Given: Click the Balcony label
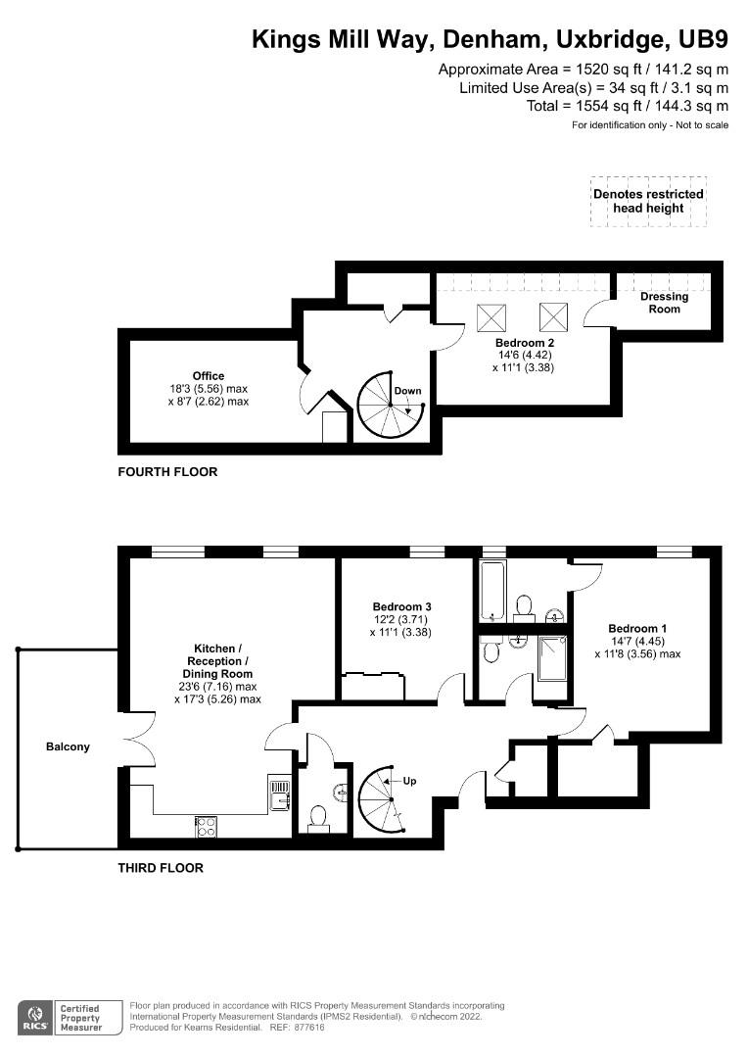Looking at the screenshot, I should coord(68,746).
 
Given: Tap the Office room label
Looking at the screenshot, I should coord(209,376).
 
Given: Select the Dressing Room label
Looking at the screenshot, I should coord(664,303).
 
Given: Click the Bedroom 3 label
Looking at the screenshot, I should coord(402,606).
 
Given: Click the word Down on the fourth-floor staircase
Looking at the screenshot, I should coord(407,391).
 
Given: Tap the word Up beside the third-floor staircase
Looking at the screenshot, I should coord(410,782).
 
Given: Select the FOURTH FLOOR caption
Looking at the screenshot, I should coord(167,472).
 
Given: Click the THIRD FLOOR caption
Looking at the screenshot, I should coord(161,868).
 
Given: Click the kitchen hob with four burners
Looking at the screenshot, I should coord(208,826).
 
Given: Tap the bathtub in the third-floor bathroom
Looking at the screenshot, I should coord(491,591).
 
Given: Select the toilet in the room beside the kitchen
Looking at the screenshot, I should coord(317,818).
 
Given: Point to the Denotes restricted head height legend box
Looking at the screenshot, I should coord(648,201).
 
